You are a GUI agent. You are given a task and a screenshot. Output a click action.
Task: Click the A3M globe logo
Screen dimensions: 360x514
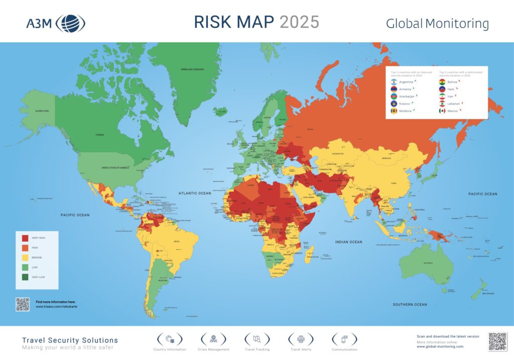[x=70, y=23]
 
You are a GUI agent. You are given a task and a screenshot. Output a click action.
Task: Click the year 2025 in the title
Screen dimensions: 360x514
[x=299, y=22]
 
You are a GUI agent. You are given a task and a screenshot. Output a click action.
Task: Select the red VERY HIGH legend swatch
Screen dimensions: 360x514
[x=25, y=238]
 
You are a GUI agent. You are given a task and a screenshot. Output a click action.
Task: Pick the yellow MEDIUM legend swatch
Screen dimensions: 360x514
[x=25, y=257]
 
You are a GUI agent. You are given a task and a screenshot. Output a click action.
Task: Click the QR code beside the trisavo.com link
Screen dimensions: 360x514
[x=23, y=304]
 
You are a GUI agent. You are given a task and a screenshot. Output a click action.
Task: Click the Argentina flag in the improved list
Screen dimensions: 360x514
[x=395, y=81]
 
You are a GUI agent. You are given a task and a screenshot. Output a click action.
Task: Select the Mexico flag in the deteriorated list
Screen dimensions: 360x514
[x=442, y=110]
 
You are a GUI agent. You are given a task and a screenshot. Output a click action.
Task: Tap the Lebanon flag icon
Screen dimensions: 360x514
[x=442, y=103]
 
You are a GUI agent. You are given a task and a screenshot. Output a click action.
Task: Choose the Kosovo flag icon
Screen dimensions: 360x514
[x=395, y=103]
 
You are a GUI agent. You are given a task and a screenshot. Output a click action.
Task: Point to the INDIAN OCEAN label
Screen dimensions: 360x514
[x=348, y=242]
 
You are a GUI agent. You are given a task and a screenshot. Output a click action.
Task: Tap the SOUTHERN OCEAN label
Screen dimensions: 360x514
[x=410, y=304]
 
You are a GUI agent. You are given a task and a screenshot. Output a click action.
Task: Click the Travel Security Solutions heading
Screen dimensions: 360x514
[x=70, y=340]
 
